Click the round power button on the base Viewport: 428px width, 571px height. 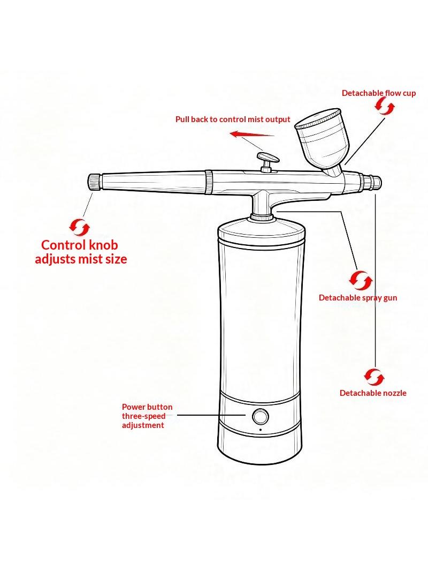261,416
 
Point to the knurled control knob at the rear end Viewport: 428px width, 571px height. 95,182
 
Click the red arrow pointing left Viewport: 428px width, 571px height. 251,134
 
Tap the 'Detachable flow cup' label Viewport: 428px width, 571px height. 379,93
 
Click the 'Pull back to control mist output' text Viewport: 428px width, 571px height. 233,119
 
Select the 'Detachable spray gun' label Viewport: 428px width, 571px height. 358,297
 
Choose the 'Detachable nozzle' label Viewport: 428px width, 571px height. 373,393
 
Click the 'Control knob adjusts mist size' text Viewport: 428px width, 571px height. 81,252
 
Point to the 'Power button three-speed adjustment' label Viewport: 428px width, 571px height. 147,416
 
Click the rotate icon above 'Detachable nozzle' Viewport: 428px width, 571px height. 374,377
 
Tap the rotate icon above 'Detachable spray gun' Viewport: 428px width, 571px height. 361,280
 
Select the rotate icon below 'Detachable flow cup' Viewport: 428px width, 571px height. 385,107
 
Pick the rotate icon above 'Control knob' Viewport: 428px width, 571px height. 79,227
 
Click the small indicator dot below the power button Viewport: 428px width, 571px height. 261,430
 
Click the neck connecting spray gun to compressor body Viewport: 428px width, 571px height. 261,205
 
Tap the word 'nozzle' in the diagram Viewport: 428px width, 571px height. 394,393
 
